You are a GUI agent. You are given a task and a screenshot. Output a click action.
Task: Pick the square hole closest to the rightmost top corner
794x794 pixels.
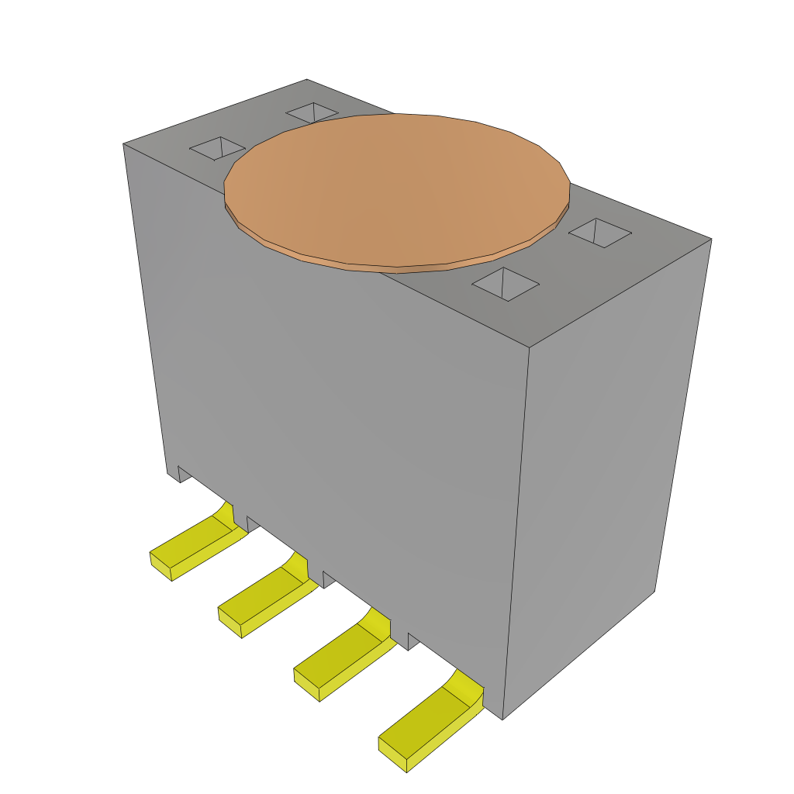[600, 233]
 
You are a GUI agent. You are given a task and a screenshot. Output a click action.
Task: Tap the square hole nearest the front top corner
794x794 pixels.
[505, 284]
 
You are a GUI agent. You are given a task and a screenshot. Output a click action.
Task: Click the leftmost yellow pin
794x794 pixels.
[190, 546]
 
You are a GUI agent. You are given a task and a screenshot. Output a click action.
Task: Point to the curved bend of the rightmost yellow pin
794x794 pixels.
[464, 686]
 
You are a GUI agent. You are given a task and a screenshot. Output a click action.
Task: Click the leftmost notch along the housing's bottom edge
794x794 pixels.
[185, 474]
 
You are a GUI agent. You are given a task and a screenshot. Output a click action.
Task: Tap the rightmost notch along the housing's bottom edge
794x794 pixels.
[413, 641]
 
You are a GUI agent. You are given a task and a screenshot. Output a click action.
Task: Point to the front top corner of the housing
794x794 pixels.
[529, 347]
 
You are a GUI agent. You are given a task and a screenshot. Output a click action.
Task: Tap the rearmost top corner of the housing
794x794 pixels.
[307, 80]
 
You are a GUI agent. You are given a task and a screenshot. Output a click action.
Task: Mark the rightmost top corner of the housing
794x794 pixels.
[711, 239]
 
